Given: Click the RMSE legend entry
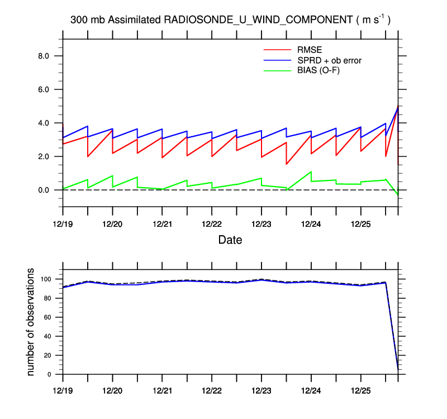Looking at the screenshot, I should [309, 49].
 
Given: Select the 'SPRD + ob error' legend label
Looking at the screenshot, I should [326, 60].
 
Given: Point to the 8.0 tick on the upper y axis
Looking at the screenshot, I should [43, 56].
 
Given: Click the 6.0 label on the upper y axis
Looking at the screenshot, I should [43, 89].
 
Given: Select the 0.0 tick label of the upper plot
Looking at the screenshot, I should [43, 190].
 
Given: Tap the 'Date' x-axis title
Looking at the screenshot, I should [230, 240].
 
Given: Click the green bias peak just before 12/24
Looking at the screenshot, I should [311, 172].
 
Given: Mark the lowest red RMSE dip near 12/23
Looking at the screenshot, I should [287, 164].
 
